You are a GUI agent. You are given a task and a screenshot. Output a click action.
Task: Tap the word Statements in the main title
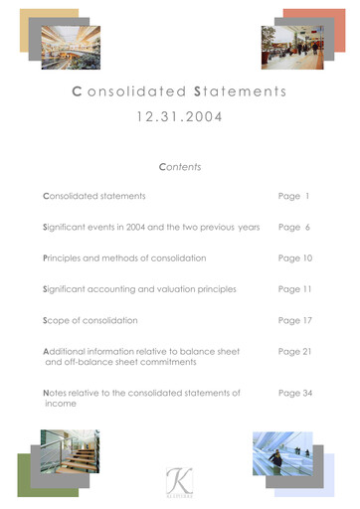[x=240, y=92]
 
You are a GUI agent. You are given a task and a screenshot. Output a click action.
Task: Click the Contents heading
[x=180, y=167]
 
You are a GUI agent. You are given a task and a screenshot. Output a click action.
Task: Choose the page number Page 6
[x=294, y=228]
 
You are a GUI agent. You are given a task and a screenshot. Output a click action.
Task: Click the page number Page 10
[x=295, y=258]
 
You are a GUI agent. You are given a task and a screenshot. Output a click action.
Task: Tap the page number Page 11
[x=295, y=289]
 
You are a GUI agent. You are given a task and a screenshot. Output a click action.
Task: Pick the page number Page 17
[x=295, y=321]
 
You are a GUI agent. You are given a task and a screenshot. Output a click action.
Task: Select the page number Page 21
[x=295, y=352]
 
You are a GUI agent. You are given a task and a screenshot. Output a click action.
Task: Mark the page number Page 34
[x=295, y=394]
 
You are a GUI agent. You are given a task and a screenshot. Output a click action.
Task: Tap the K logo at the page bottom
[x=180, y=479]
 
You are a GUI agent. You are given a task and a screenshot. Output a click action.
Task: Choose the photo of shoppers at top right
[x=291, y=47]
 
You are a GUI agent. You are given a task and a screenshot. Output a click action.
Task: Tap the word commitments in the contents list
[x=162, y=362]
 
